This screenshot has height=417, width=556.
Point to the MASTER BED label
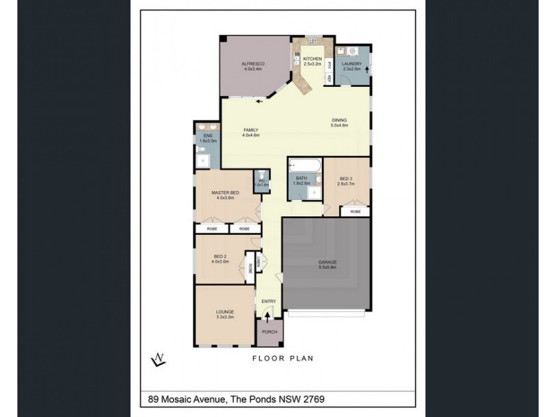pyautogui.click(x=225, y=195)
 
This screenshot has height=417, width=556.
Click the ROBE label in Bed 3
pyautogui.click(x=355, y=211)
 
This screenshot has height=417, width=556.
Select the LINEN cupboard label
pyautogui.click(x=257, y=261)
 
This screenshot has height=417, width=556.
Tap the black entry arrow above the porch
pyautogui.click(x=268, y=316)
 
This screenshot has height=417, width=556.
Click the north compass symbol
pyautogui.click(x=158, y=359)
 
